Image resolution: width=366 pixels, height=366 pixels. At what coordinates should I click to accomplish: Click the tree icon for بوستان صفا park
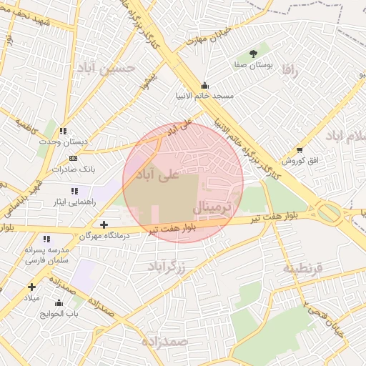click(253, 54)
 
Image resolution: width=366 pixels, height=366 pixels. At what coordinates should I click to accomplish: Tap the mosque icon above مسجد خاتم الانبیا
click(205, 84)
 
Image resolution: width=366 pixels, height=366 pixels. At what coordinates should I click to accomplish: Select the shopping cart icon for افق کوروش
click(300, 150)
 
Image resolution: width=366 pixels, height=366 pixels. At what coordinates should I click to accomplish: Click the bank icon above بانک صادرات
click(72, 158)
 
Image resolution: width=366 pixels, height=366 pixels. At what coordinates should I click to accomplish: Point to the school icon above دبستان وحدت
click(64, 131)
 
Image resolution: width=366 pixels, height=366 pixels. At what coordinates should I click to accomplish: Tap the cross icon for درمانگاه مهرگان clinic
click(104, 224)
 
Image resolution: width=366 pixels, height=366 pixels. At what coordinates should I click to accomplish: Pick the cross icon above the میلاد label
click(31, 287)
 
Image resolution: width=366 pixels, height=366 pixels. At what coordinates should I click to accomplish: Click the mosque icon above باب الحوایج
click(59, 302)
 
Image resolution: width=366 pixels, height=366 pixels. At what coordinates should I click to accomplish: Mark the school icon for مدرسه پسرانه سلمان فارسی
click(46, 239)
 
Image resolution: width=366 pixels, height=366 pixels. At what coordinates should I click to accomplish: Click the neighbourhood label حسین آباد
click(117, 69)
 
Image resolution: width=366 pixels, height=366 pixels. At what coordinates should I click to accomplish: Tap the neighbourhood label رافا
click(289, 71)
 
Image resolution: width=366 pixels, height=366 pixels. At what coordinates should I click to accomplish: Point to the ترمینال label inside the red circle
click(212, 208)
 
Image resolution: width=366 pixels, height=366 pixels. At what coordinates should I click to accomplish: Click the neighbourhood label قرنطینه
click(303, 268)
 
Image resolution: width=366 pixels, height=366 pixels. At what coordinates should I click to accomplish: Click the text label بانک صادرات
click(74, 169)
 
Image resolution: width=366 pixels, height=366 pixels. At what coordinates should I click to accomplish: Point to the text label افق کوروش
click(300, 161)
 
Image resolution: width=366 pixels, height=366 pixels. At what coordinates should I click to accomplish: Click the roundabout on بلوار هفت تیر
click(329, 212)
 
